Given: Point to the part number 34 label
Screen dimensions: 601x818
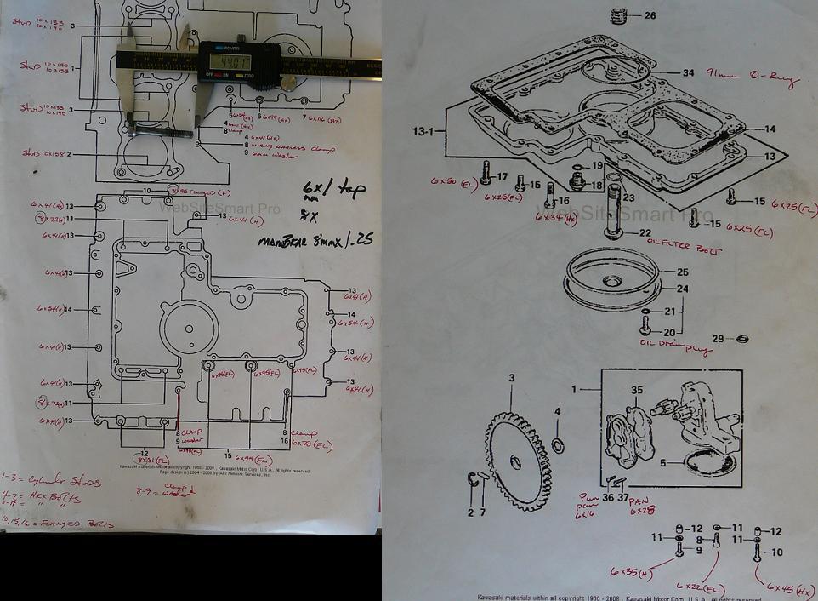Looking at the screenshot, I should point(688,73).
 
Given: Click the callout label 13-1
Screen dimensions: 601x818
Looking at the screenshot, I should point(423,132).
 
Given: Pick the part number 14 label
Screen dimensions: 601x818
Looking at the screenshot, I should point(770,129).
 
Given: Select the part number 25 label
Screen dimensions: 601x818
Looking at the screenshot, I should point(682,272).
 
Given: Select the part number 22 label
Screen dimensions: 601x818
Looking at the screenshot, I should point(645,233).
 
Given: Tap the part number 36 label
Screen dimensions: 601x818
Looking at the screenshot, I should point(608,498).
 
